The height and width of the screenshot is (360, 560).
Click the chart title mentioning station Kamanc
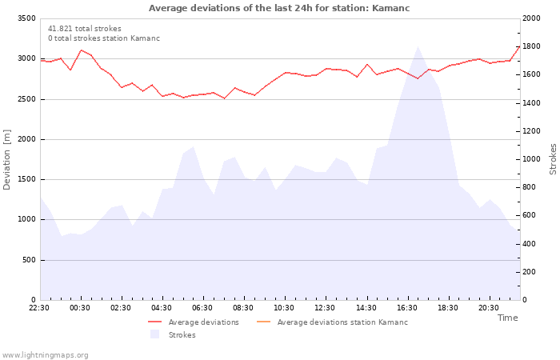(279, 8)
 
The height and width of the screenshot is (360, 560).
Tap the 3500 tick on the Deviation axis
(26, 18)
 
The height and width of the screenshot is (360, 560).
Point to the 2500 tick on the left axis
(26, 99)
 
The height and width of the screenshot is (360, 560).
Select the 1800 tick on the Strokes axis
(531, 46)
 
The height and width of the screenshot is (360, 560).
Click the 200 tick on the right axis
(530, 272)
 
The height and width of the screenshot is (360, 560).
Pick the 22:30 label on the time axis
(39, 308)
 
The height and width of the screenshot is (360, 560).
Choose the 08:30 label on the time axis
(243, 308)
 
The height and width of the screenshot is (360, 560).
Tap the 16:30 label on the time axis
(406, 308)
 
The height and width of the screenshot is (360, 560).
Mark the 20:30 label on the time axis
(489, 308)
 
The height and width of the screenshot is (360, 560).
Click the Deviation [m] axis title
(6, 160)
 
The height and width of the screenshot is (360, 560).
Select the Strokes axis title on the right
(553, 159)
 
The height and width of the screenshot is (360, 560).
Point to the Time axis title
(507, 318)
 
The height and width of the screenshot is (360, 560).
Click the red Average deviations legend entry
(194, 322)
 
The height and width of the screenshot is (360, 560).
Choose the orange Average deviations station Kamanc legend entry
(332, 322)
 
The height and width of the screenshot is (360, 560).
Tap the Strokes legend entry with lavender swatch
(173, 334)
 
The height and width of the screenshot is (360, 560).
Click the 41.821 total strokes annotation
(85, 29)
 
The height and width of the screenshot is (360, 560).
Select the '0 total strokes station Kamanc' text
(104, 38)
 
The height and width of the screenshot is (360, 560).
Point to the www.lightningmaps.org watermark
(45, 355)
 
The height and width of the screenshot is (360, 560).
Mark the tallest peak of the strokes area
(418, 46)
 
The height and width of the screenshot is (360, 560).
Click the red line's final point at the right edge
(520, 46)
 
